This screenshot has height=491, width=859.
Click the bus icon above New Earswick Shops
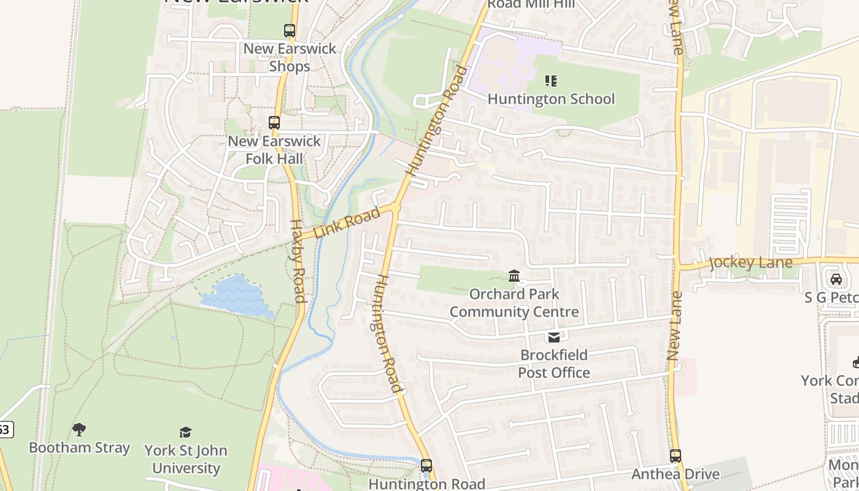click(x=290, y=31)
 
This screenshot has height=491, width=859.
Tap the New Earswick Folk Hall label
click(x=274, y=150)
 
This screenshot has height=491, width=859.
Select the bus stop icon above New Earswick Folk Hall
click(x=274, y=123)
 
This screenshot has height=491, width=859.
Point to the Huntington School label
click(x=551, y=99)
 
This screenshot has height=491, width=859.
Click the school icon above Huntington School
click(x=551, y=81)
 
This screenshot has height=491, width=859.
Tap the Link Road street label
click(x=347, y=224)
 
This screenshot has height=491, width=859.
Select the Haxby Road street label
click(x=297, y=261)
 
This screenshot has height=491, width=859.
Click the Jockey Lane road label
click(x=750, y=263)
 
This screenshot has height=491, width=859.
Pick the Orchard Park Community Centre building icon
click(x=514, y=276)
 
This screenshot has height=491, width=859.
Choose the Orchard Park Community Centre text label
click(x=514, y=303)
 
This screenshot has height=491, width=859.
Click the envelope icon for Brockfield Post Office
click(x=554, y=337)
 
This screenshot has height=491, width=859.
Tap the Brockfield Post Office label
click(x=554, y=363)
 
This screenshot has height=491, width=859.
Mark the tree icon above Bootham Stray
click(x=79, y=429)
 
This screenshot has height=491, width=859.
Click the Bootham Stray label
click(x=80, y=447)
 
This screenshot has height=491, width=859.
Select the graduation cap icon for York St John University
click(x=185, y=432)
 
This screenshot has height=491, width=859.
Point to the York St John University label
click(x=186, y=459)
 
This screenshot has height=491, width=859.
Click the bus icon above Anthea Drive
click(x=676, y=456)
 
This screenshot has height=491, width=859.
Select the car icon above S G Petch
click(x=836, y=279)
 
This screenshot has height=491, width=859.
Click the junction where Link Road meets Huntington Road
click(x=396, y=207)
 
